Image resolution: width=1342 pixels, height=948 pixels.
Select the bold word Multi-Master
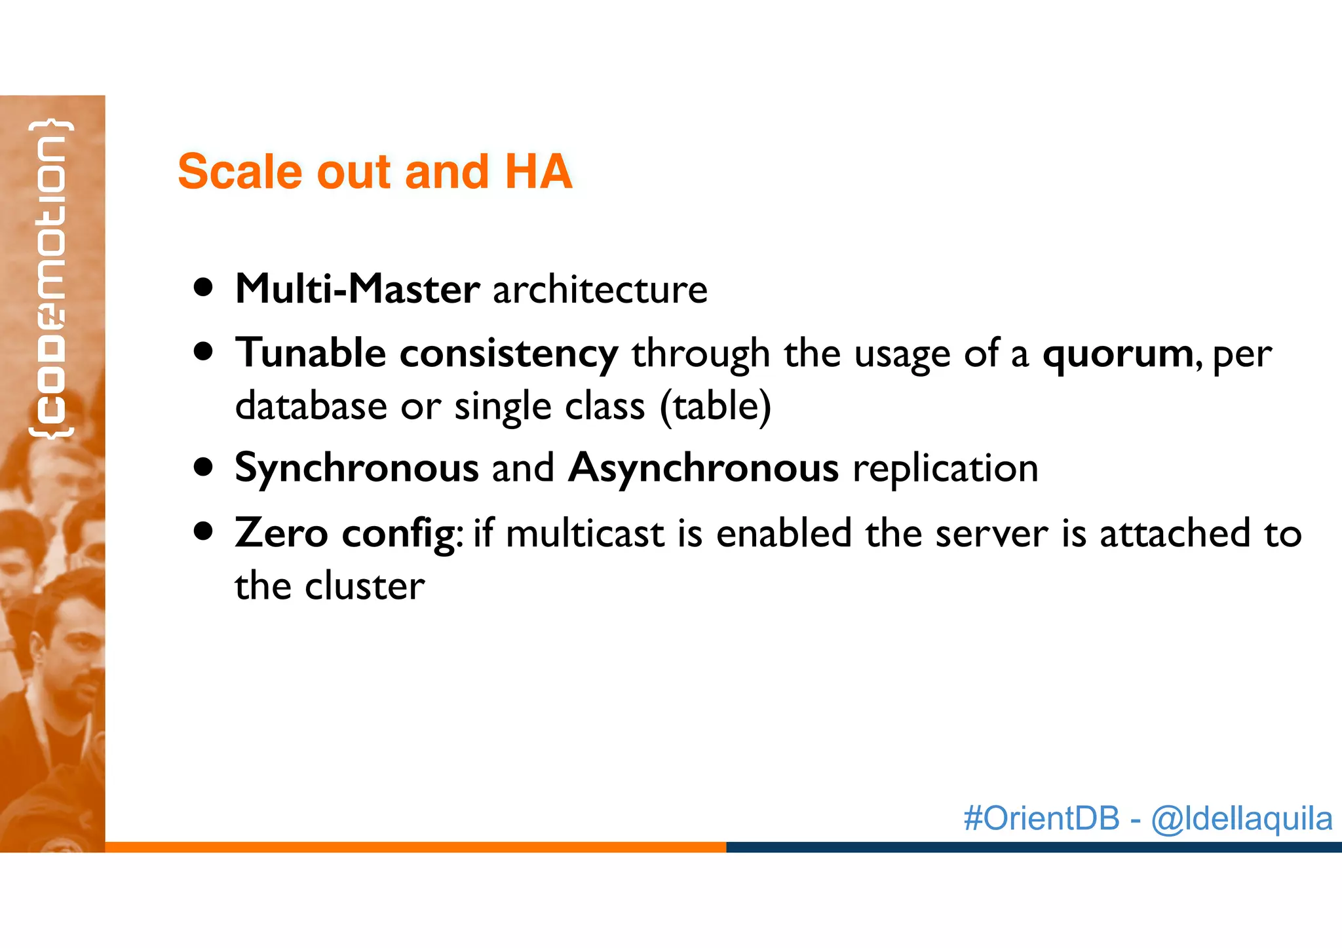[x=357, y=289]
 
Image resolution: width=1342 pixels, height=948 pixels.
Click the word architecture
[x=600, y=289]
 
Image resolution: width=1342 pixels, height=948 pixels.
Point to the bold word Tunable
[x=311, y=353]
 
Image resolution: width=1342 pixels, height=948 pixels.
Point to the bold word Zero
[x=281, y=533]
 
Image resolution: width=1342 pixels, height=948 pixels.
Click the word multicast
[x=585, y=533]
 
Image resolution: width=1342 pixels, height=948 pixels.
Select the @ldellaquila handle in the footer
[x=1241, y=819]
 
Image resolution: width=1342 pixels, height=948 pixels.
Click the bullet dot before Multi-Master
[x=204, y=288]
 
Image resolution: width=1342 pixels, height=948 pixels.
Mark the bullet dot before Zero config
[x=204, y=531]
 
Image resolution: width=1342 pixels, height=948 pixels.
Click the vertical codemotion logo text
[x=51, y=278]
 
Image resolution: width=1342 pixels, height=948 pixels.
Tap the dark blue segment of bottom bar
[x=1033, y=847]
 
